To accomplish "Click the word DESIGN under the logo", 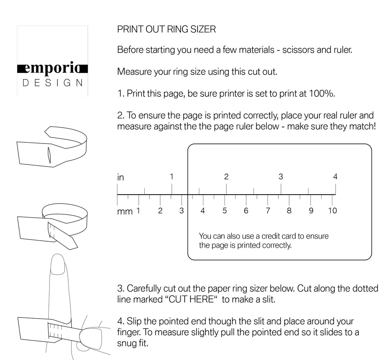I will coord(53,83).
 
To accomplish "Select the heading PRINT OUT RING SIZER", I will coord(166,29).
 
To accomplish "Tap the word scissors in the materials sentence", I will coord(297,50).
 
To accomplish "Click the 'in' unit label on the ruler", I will coord(121,177).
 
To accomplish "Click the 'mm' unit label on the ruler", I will coord(125,211).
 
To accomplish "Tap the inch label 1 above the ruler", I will coord(172,177).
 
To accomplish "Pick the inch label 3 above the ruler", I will coord(281,177).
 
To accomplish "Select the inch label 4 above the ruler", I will coord(335,177).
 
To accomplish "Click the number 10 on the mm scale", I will coord(332,211).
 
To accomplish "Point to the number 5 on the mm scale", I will coord(225,211).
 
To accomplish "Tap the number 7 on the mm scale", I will coord(268,211).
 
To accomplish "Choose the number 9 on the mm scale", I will coord(311,211).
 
